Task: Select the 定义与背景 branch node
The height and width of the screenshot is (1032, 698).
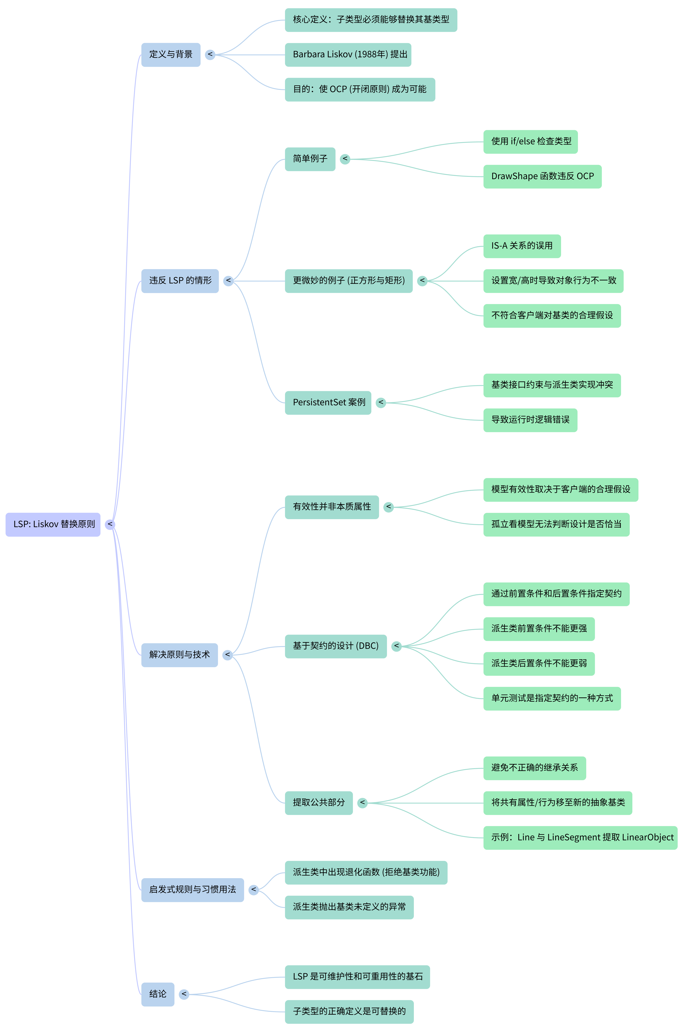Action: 171,55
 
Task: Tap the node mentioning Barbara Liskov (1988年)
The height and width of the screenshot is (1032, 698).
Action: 348,55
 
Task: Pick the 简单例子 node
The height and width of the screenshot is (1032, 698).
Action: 310,159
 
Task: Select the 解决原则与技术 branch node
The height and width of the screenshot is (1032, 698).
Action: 180,655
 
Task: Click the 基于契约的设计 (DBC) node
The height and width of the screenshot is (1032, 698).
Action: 335,646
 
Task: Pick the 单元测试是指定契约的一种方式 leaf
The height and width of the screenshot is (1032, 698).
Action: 552,698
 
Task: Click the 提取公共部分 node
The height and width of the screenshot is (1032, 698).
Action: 318,803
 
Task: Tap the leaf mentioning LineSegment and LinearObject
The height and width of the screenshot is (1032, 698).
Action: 580,838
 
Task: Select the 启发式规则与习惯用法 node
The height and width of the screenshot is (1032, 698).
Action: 192,890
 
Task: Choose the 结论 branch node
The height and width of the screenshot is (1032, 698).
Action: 158,994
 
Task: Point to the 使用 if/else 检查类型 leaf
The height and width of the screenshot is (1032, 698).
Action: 530,142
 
